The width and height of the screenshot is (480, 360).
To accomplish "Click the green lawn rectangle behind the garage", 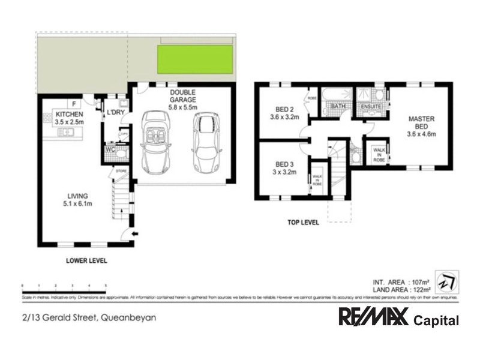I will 195,59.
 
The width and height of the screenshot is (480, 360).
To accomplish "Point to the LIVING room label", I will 79,200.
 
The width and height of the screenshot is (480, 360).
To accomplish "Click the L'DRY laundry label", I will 115,113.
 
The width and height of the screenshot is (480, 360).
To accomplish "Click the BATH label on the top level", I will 338,107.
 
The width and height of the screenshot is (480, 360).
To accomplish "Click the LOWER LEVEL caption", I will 87,260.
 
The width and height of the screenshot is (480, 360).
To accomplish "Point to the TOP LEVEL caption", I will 303,222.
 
